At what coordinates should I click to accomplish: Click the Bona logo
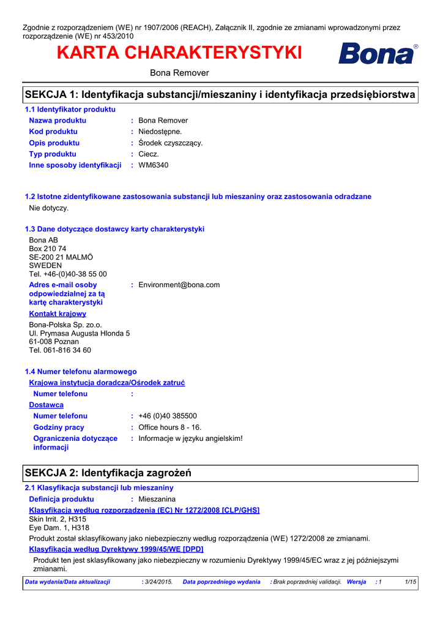tap(378, 54)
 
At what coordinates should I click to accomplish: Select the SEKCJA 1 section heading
tap(219, 95)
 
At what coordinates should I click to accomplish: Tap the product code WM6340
tap(154, 165)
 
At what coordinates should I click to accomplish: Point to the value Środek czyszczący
tap(171, 143)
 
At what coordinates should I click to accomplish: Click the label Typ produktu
tap(53, 154)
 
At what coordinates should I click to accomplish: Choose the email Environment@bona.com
tap(179, 285)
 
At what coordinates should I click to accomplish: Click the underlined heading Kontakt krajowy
tap(58, 314)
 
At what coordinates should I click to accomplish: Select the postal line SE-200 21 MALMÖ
tap(61, 258)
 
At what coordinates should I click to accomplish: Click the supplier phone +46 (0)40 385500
tap(168, 416)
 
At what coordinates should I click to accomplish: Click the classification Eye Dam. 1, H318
tap(59, 528)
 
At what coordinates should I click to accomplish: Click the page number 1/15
tap(411, 582)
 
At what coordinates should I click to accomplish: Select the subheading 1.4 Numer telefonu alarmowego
tap(81, 372)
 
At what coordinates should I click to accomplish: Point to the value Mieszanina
tap(157, 500)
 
